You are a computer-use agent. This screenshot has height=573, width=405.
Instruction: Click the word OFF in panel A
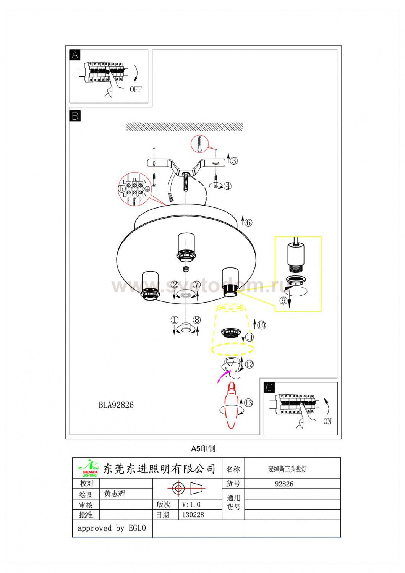pyautogui.click(x=136, y=89)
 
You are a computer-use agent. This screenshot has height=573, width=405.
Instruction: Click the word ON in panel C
pyautogui.click(x=327, y=421)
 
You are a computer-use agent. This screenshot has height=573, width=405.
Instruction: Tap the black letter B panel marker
pyautogui.click(x=75, y=115)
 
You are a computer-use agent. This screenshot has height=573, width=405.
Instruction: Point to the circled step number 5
pyautogui.click(x=122, y=188)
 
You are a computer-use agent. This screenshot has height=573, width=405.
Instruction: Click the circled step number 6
pyautogui.click(x=248, y=222)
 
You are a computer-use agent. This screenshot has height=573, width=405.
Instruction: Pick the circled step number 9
pyautogui.click(x=283, y=301)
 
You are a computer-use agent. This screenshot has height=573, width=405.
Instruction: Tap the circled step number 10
pyautogui.click(x=261, y=325)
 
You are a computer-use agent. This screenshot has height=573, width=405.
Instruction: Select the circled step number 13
pyautogui.click(x=248, y=403)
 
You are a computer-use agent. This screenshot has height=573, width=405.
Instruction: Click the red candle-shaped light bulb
pyautogui.click(x=232, y=405)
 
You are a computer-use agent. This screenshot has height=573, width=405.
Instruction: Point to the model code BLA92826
pyautogui.click(x=116, y=405)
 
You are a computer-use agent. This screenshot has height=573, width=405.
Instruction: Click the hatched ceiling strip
pyautogui.click(x=185, y=127)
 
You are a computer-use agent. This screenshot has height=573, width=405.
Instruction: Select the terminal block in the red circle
pyautogui.click(x=134, y=188)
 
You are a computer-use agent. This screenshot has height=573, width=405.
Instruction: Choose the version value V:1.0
pyautogui.click(x=191, y=504)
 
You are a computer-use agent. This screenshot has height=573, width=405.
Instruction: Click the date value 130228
pyautogui.click(x=193, y=515)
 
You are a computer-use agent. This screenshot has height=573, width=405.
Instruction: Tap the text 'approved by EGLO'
pyautogui.click(x=112, y=528)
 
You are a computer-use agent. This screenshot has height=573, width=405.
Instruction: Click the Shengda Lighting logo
pyautogui.click(x=89, y=468)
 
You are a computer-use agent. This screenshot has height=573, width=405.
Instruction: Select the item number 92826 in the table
pyautogui.click(x=284, y=484)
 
